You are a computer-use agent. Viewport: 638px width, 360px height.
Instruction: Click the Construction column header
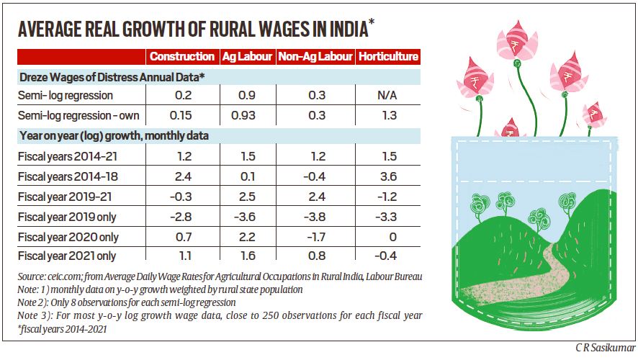(x=181, y=56)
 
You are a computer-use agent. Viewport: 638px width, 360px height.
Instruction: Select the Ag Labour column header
(x=247, y=56)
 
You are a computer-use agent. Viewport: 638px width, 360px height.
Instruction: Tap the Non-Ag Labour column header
(x=315, y=56)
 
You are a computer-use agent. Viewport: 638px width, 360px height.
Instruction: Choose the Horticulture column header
(x=388, y=56)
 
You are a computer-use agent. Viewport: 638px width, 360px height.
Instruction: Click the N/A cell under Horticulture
(x=388, y=95)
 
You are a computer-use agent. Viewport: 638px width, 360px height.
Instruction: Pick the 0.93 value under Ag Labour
(x=247, y=115)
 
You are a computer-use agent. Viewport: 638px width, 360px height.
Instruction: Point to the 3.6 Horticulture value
(x=388, y=176)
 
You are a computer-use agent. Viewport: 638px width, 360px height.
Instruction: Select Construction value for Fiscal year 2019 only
(x=181, y=216)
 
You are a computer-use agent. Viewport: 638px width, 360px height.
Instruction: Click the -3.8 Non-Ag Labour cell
(x=315, y=216)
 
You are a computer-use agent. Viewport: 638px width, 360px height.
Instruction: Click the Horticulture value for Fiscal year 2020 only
(x=388, y=236)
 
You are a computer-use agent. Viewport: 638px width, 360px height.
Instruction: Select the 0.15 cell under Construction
(x=181, y=115)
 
